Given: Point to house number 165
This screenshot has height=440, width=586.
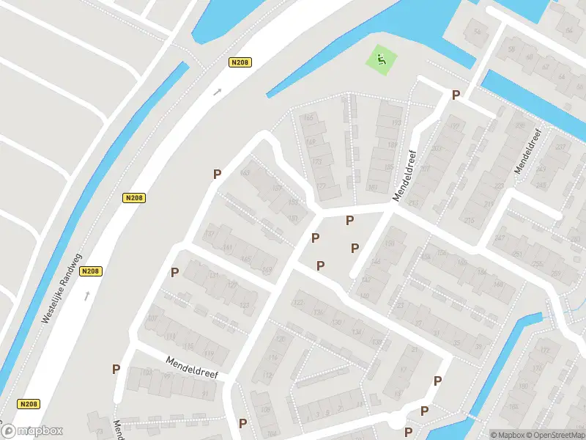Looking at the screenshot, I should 308,117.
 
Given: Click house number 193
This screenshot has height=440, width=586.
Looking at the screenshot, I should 396,122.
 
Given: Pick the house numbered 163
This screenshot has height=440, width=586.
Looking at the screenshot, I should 245,173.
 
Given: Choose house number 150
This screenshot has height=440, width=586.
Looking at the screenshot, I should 390,243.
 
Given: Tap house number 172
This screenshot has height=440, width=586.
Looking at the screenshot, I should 544,351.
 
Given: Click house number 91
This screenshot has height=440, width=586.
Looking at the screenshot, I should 205,394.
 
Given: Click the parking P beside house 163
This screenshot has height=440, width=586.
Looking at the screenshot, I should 217,174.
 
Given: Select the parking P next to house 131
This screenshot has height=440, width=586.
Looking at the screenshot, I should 174,272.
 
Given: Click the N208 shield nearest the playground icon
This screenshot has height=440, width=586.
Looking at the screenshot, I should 240,62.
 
